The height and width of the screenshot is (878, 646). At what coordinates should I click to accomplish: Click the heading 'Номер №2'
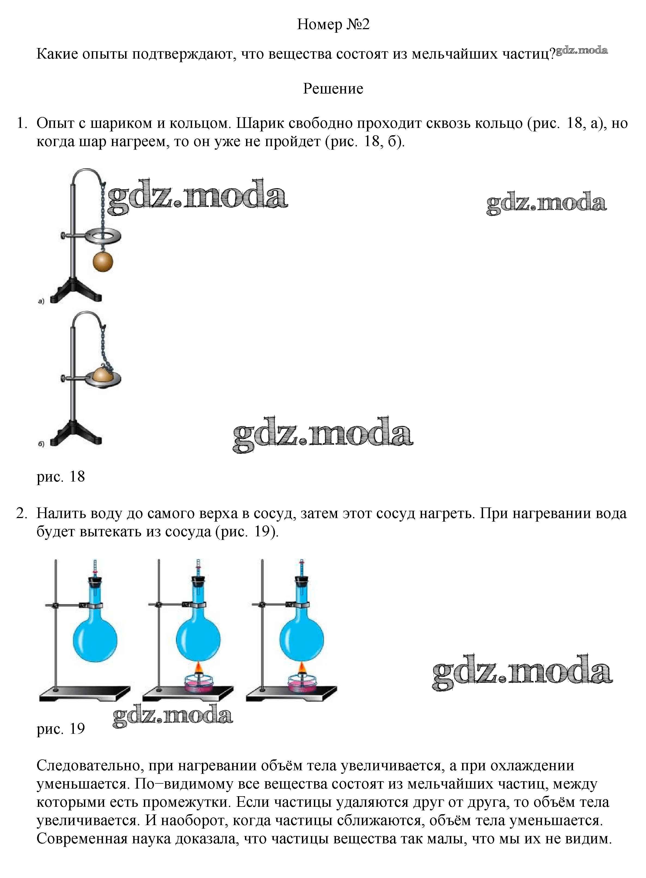[x=333, y=25]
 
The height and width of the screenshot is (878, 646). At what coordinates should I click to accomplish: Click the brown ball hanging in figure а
[x=103, y=262]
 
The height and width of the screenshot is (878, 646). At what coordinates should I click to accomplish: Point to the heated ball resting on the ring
[x=103, y=373]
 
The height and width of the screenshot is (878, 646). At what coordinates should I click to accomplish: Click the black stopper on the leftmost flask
[x=95, y=581]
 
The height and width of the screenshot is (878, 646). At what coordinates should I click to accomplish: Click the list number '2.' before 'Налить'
[x=22, y=514]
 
